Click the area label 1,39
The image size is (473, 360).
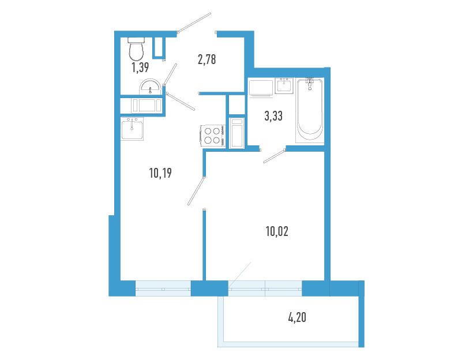(140, 67)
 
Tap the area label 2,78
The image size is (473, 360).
(207, 59)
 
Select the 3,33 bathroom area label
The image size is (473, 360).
(273, 115)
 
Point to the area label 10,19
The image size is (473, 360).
(160, 173)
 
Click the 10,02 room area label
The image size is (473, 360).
(277, 231)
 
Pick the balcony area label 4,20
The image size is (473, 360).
(297, 317)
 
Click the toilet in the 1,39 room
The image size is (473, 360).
(136, 49)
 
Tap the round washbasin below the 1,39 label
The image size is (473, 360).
(150, 87)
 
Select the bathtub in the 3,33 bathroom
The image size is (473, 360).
(310, 110)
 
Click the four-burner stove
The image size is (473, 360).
(212, 136)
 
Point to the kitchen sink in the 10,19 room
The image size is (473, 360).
(132, 129)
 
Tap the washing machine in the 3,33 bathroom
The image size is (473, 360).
(261, 88)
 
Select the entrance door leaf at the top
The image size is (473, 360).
(194, 22)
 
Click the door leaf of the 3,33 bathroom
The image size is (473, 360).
(275, 155)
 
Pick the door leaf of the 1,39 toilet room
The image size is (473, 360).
(170, 74)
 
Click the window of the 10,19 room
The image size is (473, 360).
(163, 288)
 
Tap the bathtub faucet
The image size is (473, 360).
(310, 83)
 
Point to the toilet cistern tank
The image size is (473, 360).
(136, 40)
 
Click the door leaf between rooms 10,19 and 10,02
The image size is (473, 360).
(196, 192)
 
